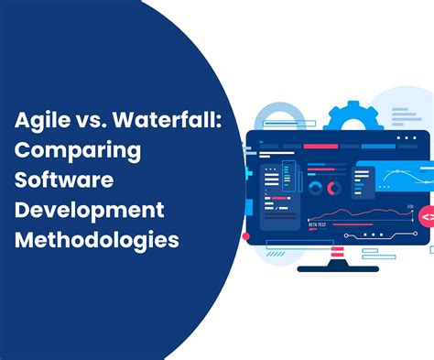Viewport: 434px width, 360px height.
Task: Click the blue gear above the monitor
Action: [x=350, y=118]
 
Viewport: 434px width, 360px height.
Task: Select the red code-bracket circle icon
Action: [x=427, y=217]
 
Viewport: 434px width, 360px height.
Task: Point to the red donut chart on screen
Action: [x=334, y=189]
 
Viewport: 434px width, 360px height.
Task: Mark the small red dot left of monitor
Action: [x=245, y=236]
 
